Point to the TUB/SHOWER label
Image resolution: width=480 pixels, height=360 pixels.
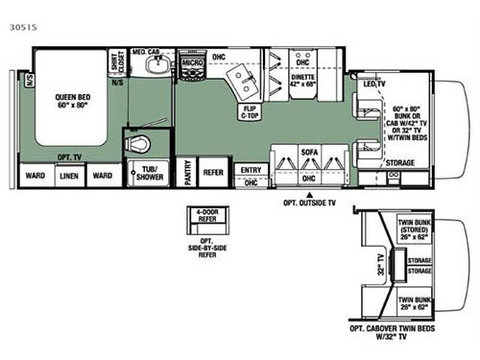click(x=149, y=175)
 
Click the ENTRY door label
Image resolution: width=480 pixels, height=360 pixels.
click(x=251, y=170)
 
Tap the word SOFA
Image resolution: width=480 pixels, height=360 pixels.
click(x=308, y=152)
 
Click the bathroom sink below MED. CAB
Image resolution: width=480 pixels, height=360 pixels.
click(x=156, y=65)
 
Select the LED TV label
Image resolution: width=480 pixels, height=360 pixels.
click(x=374, y=84)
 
